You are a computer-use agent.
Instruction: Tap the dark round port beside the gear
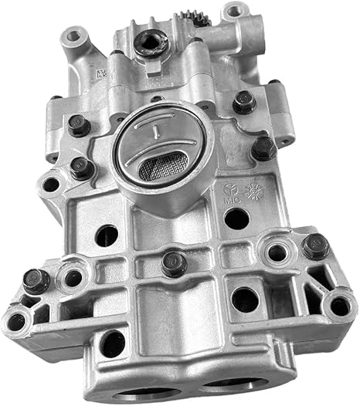(146, 42)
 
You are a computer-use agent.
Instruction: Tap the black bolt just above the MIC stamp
(263, 147)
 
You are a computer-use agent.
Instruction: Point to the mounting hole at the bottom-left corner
(16, 321)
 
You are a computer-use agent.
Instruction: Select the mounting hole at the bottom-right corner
(339, 306)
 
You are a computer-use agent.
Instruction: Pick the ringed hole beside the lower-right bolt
(277, 252)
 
